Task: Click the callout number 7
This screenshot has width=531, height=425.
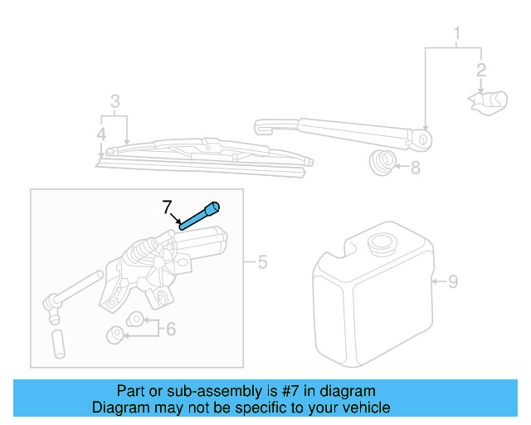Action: [x=167, y=205]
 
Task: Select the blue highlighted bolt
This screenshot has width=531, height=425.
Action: [x=199, y=214]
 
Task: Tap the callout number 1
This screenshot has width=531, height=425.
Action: [x=455, y=34]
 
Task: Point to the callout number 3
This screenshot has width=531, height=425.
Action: [x=115, y=102]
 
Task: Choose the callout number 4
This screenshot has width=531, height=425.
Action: [x=100, y=133]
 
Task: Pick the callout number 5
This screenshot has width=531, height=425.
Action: [x=262, y=263]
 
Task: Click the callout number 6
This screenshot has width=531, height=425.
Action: [x=171, y=329]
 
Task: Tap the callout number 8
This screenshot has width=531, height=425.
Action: [x=415, y=168]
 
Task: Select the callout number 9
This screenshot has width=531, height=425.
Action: [x=453, y=281]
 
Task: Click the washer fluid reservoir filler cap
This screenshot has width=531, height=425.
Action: [x=382, y=245]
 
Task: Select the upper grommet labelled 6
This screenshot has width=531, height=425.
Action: [x=133, y=320]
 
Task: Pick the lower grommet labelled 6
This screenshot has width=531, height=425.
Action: [x=117, y=335]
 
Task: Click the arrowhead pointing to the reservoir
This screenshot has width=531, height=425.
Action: [x=435, y=281]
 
